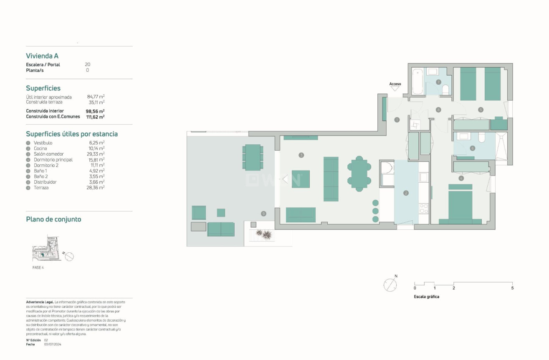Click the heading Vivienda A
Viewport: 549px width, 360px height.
click(x=42, y=56)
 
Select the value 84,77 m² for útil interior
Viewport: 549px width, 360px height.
click(x=96, y=97)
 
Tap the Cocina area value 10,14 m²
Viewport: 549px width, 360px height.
click(x=96, y=149)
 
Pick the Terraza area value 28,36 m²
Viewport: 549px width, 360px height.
click(x=96, y=188)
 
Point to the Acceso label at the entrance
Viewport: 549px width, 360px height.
click(x=395, y=84)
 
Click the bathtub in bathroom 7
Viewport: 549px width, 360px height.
click(x=417, y=82)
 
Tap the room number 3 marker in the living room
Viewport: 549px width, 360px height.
click(x=301, y=155)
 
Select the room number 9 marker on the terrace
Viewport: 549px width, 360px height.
click(x=263, y=214)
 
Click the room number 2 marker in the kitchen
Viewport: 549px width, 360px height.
click(x=406, y=193)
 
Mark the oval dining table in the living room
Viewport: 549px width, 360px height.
click(x=359, y=174)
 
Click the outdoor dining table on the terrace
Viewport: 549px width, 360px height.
click(x=253, y=157)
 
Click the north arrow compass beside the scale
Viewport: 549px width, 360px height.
click(x=390, y=284)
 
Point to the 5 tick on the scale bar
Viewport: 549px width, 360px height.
click(x=512, y=288)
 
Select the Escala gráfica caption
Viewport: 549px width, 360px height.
click(x=426, y=297)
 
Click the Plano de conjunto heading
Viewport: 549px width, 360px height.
click(x=53, y=219)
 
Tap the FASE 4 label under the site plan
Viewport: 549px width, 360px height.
click(x=38, y=267)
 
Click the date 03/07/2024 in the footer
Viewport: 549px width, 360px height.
click(x=53, y=344)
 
